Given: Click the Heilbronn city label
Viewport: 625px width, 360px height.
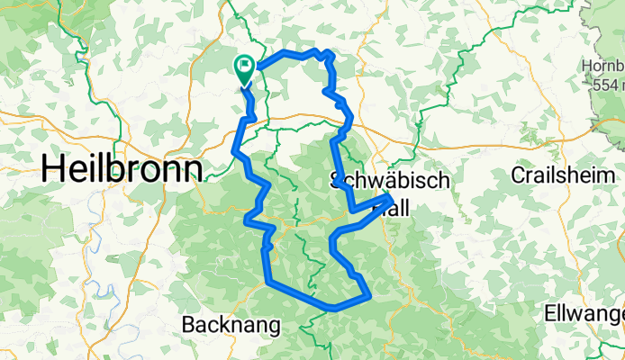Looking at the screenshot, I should click(121, 169).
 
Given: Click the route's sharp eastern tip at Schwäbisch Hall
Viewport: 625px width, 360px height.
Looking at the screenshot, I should click(393, 197).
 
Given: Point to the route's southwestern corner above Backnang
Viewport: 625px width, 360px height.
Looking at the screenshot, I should click(268, 283).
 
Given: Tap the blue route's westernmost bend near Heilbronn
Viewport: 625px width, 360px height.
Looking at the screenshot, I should click(236, 150).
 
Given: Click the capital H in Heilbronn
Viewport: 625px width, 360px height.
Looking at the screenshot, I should click(51, 169).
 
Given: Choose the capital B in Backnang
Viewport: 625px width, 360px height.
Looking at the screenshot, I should click(189, 323).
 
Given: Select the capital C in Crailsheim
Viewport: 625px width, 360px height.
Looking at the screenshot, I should click(518, 173).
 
